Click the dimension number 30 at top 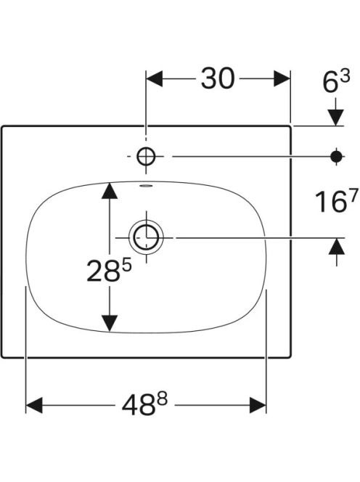click(x=218, y=78)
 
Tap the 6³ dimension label click(x=336, y=82)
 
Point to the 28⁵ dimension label click(x=109, y=270)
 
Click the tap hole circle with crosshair click(x=146, y=157)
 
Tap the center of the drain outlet click(x=147, y=237)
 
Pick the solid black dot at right click(x=336, y=157)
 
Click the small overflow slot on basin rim click(x=146, y=186)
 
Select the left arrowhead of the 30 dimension click(x=155, y=78)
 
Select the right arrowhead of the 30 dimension click(x=282, y=78)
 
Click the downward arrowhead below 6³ click(x=336, y=118)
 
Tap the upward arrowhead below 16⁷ click(x=336, y=246)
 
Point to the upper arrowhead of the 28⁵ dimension click(x=110, y=191)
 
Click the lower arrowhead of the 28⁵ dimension click(x=110, y=324)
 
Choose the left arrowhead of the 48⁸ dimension click(x=34, y=405)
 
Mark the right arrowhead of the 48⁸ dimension click(x=258, y=405)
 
